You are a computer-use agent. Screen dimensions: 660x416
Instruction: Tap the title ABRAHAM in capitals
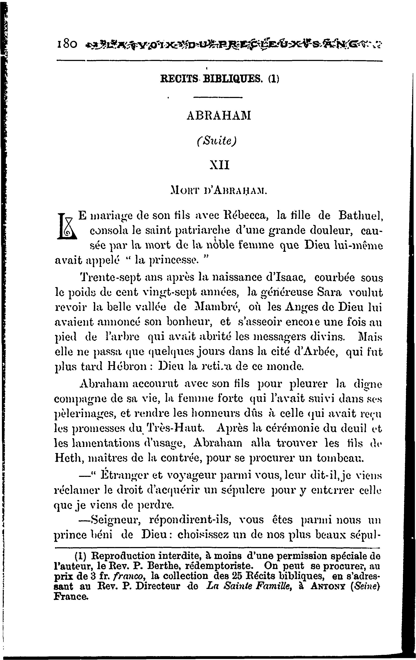(x=218, y=116)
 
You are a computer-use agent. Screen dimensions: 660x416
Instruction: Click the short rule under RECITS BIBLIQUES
(x=218, y=97)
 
